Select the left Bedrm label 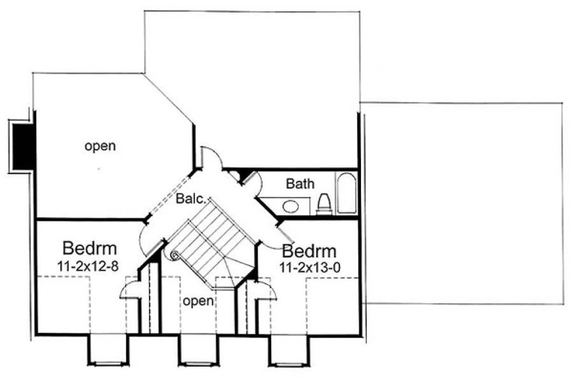[x=90, y=249]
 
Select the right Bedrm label [x=309, y=251]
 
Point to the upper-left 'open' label [x=100, y=146]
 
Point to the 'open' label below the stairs [x=198, y=300]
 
